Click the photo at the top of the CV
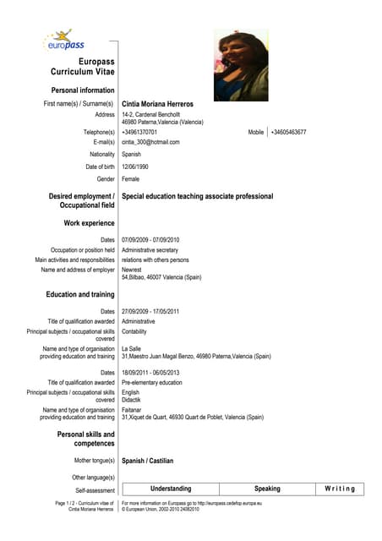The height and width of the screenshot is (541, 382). [x=241, y=65]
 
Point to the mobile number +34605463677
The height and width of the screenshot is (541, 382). [x=288, y=133]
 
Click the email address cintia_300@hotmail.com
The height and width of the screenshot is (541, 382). [x=150, y=143]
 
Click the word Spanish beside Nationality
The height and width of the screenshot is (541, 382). [x=131, y=155]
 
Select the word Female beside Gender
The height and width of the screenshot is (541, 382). [x=130, y=179]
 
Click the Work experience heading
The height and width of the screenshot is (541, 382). [x=89, y=223]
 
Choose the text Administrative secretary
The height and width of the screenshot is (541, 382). [x=150, y=250]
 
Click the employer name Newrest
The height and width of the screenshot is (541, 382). [x=133, y=270]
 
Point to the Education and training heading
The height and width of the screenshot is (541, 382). [x=80, y=294]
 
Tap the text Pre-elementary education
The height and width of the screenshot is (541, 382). [x=151, y=383]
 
